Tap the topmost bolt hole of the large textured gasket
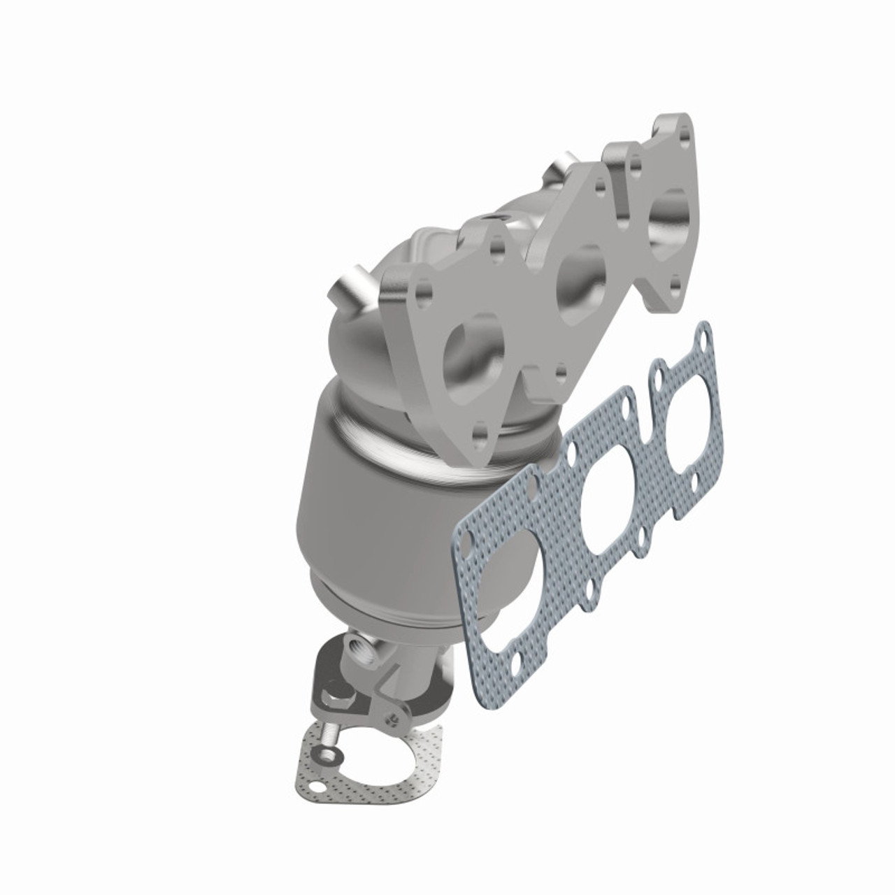click(702, 342)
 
